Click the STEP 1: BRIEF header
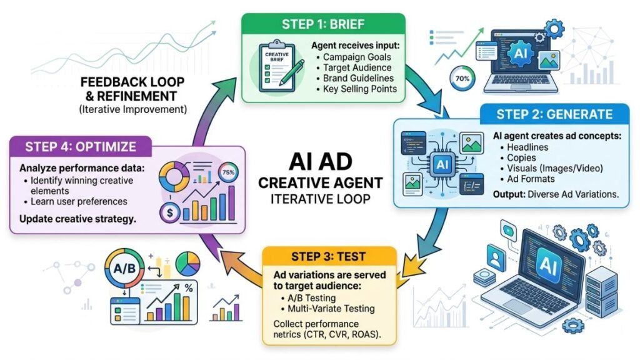click(323, 24)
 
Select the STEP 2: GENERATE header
click(554, 114)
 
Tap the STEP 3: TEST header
click(329, 257)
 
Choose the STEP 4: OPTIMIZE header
click(81, 146)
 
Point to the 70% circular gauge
click(462, 78)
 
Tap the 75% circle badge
click(228, 172)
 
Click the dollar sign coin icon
click(170, 212)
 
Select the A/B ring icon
click(124, 268)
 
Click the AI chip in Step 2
click(442, 164)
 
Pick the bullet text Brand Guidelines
click(358, 78)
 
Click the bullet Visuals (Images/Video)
click(555, 168)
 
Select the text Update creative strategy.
click(77, 219)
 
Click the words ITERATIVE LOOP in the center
click(321, 199)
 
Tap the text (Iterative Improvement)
click(133, 109)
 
